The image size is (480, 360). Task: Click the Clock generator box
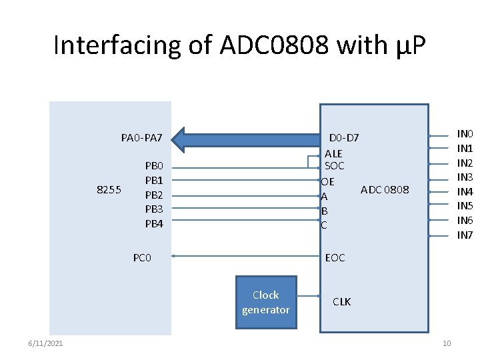point(266,302)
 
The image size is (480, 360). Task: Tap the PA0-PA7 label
point(141,138)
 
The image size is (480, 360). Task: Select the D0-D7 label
point(344,138)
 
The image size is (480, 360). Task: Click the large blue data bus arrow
point(247,139)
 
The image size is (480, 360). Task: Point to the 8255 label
point(109,189)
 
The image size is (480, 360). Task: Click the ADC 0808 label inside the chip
point(385,189)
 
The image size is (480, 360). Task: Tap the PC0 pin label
point(142,257)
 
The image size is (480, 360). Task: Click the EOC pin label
point(335,257)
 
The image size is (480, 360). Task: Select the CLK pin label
point(341,302)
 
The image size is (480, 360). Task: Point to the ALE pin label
point(333,153)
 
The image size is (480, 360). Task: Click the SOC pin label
point(334,165)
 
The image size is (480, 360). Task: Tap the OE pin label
point(327,181)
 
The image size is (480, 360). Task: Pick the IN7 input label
point(465,235)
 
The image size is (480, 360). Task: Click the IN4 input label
point(465,192)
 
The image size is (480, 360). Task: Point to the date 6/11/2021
point(45,343)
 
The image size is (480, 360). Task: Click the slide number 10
point(447,343)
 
